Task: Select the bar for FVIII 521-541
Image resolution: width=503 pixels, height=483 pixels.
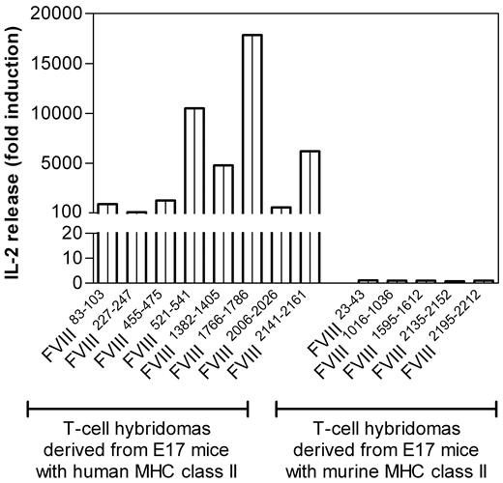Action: point(193,164)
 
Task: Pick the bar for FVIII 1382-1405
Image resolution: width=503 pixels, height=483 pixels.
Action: point(222,193)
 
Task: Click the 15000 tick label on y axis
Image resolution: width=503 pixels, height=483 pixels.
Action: point(61,64)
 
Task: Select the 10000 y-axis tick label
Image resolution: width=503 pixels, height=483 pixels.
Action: point(61,114)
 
